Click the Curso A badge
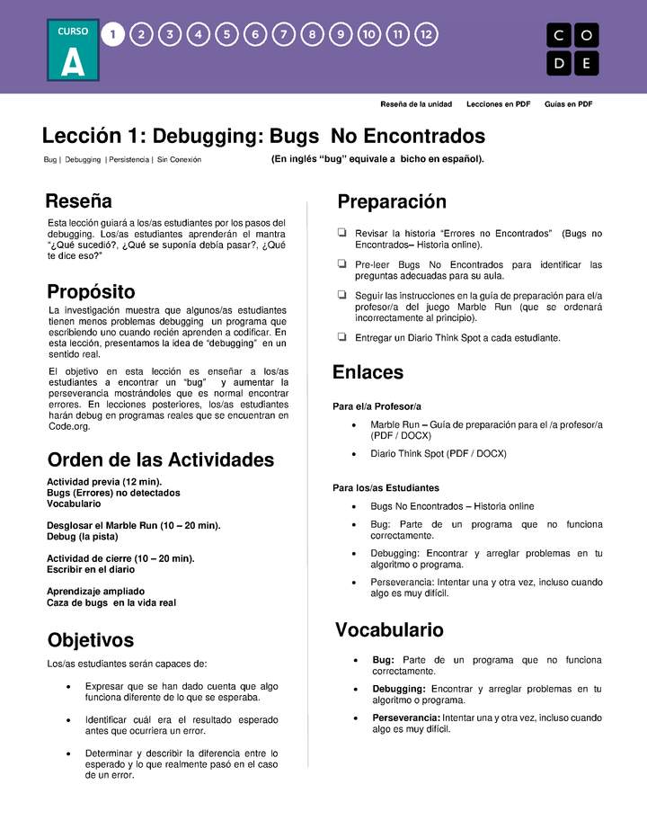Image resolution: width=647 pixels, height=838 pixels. tap(73, 50)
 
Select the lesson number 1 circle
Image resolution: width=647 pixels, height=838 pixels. tap(112, 35)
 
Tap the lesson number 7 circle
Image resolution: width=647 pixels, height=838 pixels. tap(283, 35)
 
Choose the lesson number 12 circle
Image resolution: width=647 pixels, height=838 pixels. tap(427, 35)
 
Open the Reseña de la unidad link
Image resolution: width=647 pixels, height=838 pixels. tap(416, 104)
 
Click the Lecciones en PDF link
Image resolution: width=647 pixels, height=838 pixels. tap(498, 104)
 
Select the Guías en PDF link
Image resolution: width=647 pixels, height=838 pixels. tap(568, 104)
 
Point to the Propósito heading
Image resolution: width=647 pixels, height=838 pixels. tap(91, 291)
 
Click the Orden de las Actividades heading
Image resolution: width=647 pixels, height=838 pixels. tap(160, 459)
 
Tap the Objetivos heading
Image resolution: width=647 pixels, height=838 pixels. tap(90, 640)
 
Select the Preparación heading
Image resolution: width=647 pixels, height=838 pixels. tap(392, 201)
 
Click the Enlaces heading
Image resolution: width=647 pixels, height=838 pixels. tap(368, 372)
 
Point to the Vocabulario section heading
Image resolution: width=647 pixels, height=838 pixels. tap(389, 630)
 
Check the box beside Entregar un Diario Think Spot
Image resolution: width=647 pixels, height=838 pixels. tap(341, 337)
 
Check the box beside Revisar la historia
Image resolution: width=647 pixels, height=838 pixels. tap(341, 233)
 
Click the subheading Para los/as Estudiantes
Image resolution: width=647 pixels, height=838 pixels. tap(386, 488)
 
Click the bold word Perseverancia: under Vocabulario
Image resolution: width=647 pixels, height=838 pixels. tap(406, 718)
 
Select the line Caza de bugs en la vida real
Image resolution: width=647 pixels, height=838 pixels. tap(111, 602)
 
